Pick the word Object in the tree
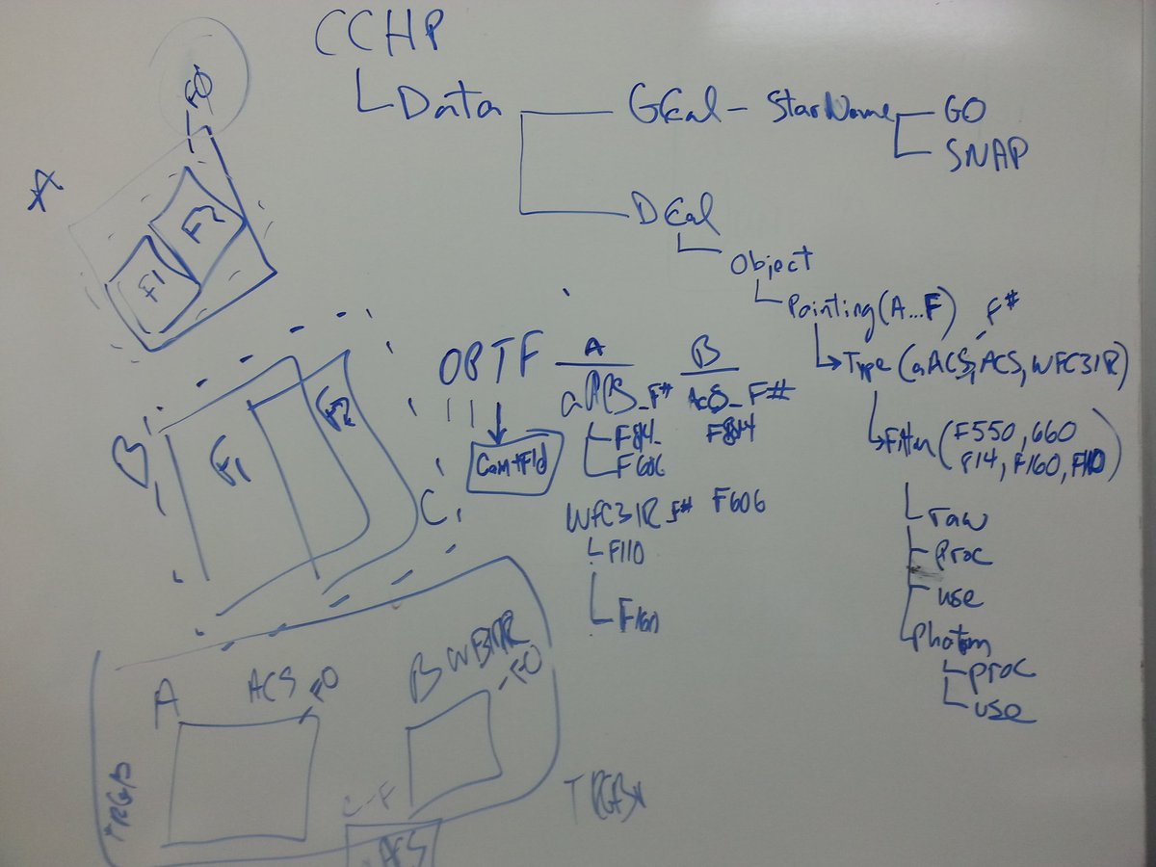[771, 262]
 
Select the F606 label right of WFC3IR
[740, 506]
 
